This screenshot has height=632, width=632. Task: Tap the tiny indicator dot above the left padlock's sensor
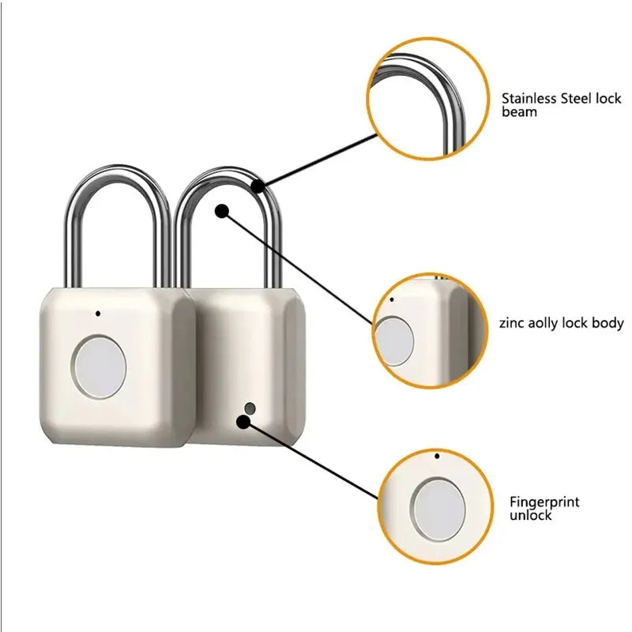(x=97, y=313)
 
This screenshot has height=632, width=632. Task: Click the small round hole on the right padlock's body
(x=250, y=408)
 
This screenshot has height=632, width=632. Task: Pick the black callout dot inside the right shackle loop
(x=222, y=211)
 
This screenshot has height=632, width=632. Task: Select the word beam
(x=519, y=112)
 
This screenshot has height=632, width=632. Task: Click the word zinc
(x=512, y=323)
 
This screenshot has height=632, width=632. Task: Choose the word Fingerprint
(x=544, y=502)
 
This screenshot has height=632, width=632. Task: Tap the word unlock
(x=530, y=515)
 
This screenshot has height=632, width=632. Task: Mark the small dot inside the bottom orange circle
(x=437, y=456)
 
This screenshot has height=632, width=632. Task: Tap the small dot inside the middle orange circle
(x=393, y=299)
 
